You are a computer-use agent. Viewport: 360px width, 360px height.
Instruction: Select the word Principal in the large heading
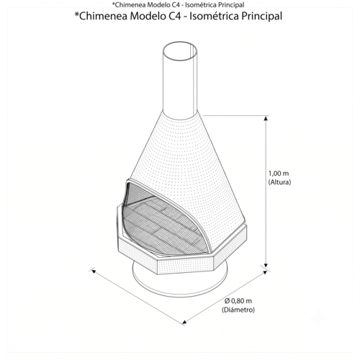pos(261,17)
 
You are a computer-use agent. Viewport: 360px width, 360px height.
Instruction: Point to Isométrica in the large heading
pos(214,17)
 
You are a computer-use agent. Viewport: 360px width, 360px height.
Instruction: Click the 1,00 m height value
pos(279,174)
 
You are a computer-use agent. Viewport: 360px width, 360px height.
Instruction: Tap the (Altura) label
pos(279,182)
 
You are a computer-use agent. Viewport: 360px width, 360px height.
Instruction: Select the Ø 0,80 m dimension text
pos(238,301)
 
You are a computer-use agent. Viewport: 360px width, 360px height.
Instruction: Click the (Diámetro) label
pos(238,310)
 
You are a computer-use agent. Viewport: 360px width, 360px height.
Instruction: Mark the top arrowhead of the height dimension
pos(266,118)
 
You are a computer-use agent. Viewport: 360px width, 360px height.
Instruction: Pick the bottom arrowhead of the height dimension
pos(266,264)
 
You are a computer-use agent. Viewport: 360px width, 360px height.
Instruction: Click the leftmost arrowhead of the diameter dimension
pos(94,271)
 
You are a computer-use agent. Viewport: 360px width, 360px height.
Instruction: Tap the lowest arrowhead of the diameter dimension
pos(184,322)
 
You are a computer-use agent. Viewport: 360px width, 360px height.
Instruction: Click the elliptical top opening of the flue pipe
pos(180,51)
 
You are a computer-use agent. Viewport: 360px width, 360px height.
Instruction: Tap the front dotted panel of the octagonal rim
pos(185,266)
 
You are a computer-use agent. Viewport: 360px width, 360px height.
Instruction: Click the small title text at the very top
pos(178,4)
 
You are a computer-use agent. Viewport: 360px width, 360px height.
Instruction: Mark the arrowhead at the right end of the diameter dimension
pos(265,272)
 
